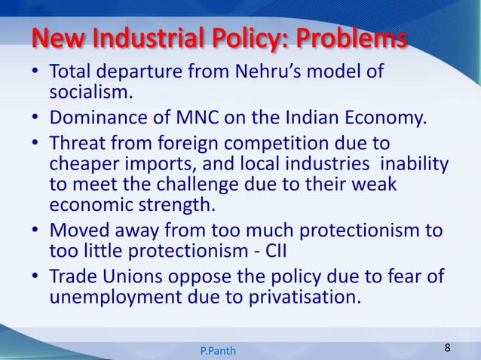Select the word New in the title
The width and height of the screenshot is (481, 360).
pyautogui.click(x=54, y=38)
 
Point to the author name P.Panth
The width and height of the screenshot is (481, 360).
pyautogui.click(x=218, y=351)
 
